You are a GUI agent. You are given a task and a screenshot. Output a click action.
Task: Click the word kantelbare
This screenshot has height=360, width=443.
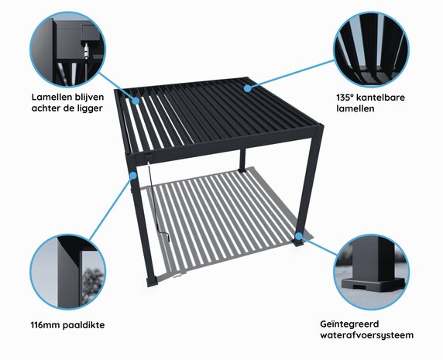386,98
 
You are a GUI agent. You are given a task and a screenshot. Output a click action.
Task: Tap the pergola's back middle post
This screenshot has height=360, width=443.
242,159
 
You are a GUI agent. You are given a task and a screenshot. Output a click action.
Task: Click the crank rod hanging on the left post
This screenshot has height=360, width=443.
159,209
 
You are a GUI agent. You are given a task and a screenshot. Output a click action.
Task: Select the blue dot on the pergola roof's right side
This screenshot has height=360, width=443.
248,88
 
